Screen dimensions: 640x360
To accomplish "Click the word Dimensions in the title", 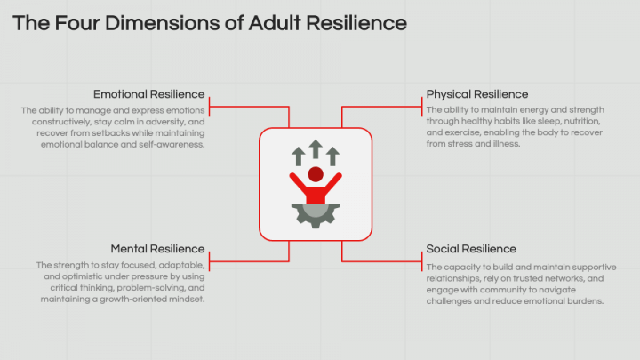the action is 162,23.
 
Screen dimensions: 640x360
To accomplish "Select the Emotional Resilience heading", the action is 149,94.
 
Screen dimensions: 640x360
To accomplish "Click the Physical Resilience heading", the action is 477,94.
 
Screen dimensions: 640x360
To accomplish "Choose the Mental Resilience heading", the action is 157,249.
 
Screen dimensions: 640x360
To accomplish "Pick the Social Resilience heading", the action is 471,249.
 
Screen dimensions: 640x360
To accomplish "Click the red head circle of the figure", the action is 316,174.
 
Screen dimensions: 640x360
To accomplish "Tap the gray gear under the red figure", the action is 316,215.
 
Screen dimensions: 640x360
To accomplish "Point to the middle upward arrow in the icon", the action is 316,149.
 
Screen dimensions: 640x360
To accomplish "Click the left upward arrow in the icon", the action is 299,156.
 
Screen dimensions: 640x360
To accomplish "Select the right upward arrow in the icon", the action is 332,156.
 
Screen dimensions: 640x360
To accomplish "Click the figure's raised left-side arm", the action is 299,185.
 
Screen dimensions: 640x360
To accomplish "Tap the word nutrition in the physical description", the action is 582,121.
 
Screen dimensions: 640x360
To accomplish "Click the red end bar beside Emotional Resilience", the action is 210,107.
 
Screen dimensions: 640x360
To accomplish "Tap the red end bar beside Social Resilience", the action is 421,261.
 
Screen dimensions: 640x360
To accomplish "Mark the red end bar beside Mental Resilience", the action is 210,261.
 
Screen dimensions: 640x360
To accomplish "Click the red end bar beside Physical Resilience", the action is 421,107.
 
